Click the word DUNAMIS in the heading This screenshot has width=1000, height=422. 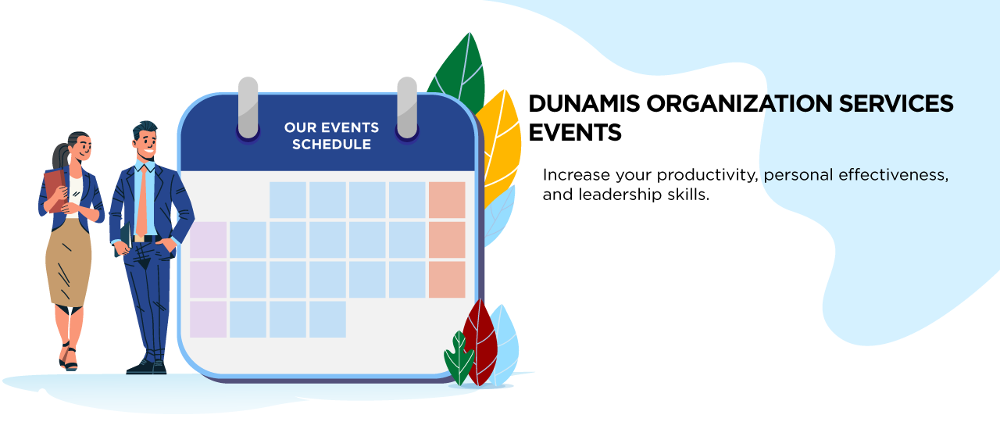pyautogui.click(x=584, y=104)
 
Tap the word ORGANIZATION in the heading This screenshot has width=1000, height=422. pyautogui.click(x=739, y=104)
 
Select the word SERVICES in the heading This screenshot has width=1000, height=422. pyautogui.click(x=896, y=104)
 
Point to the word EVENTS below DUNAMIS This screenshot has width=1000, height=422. pyautogui.click(x=575, y=133)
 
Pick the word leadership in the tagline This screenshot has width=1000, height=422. pyautogui.click(x=620, y=195)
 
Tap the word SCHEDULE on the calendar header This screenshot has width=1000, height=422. pyautogui.click(x=332, y=145)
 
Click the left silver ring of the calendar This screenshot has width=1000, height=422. pyautogui.click(x=248, y=108)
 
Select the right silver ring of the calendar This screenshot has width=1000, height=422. pyautogui.click(x=407, y=108)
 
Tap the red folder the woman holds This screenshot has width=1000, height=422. pyautogui.click(x=55, y=190)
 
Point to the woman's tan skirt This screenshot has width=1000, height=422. pyautogui.click(x=69, y=263)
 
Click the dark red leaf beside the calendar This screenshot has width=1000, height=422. pyautogui.click(x=480, y=342)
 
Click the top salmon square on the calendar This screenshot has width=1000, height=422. pyautogui.click(x=447, y=199)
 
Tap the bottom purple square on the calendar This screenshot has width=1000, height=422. pyautogui.click(x=208, y=320)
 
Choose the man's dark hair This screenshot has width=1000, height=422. pyautogui.click(x=145, y=130)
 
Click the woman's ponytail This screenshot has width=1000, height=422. pyautogui.click(x=61, y=156)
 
